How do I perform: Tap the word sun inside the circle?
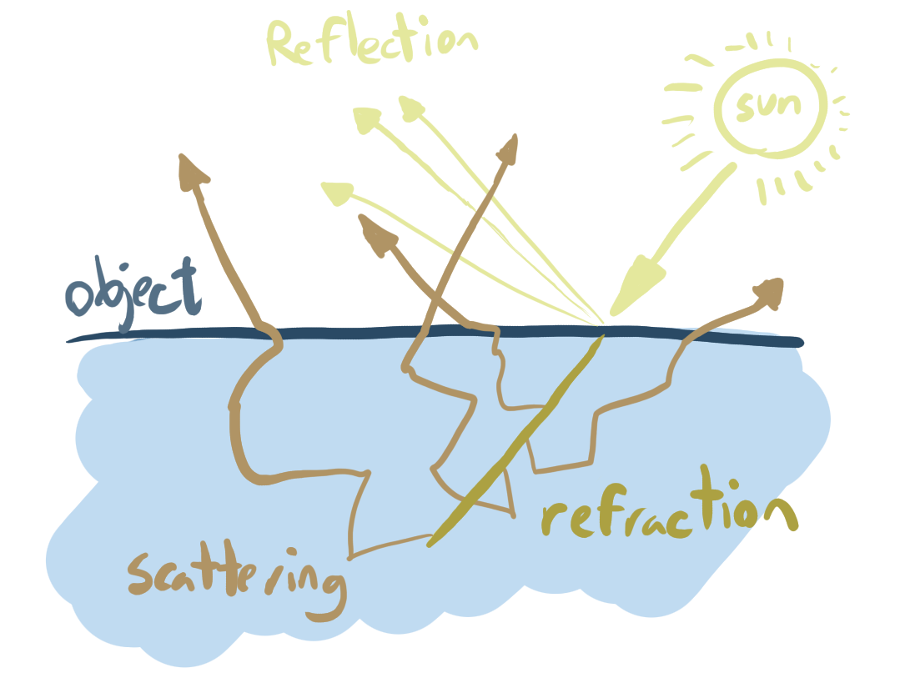(x=769, y=107)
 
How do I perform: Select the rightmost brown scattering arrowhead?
(x=769, y=291)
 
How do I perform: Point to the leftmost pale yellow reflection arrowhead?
(x=336, y=193)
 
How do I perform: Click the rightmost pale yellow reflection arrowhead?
(x=410, y=106)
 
